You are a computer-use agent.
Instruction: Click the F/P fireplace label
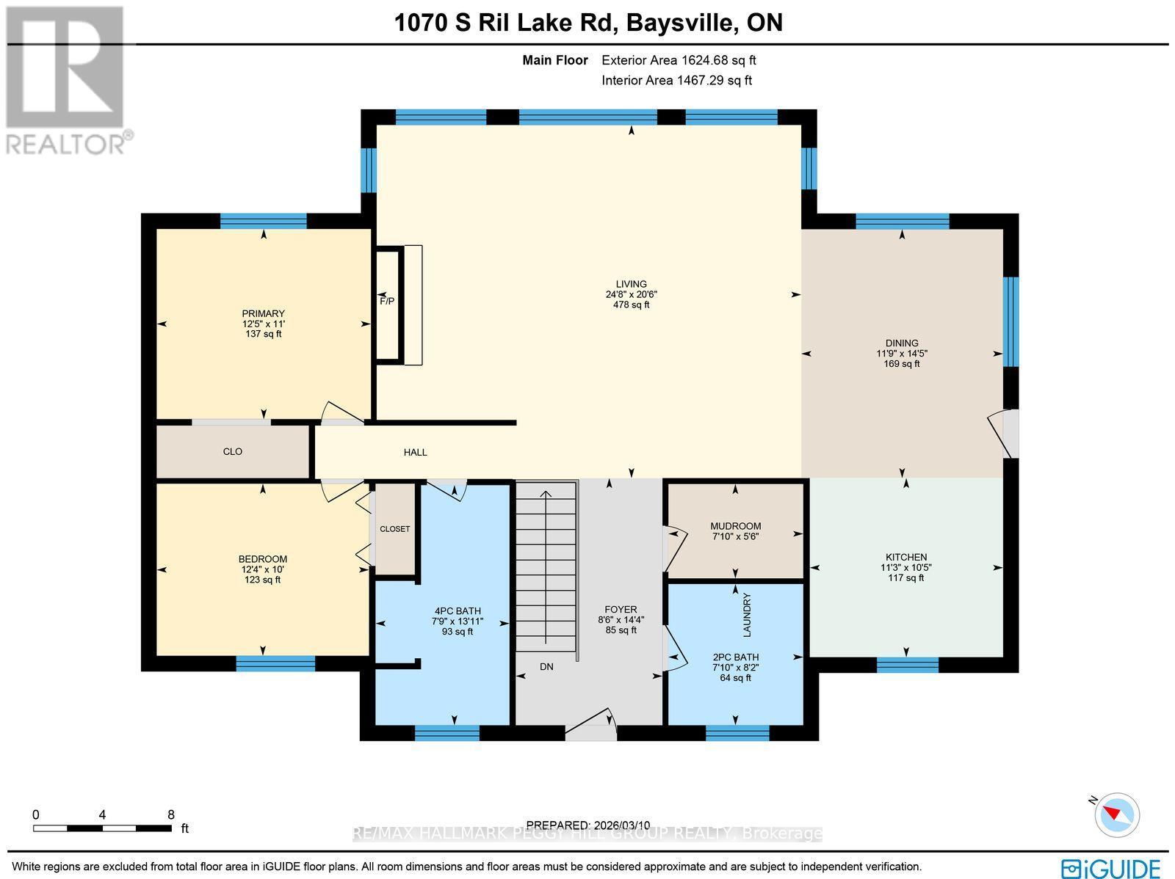[x=387, y=302]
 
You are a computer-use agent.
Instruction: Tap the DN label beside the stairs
[x=546, y=667]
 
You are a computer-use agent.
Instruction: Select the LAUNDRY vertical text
[x=748, y=615]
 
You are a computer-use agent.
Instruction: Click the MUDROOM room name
[x=736, y=526]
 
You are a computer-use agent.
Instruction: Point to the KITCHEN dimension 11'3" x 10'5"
[x=906, y=567]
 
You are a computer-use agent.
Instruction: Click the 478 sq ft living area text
[x=631, y=304]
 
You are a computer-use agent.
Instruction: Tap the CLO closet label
[x=232, y=452]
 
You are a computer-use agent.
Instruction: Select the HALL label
[x=416, y=452]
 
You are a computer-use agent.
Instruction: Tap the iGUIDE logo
[x=1111, y=867]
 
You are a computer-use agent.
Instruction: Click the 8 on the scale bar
[x=171, y=815]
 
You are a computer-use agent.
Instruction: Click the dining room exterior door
[x=1003, y=434]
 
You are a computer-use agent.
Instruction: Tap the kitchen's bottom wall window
[x=908, y=665]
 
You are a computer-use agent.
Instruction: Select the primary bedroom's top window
[x=264, y=221]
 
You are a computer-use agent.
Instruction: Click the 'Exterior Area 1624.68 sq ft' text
[x=679, y=60]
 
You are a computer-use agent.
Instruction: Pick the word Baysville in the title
[x=679, y=23]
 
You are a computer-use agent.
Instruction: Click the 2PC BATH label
[x=736, y=657]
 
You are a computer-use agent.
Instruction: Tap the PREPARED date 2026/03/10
[x=622, y=825]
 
